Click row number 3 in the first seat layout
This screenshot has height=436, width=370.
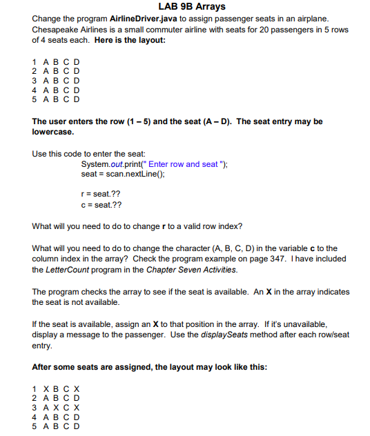(35, 80)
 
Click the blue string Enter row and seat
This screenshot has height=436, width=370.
(183, 164)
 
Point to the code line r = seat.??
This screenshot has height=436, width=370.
(101, 195)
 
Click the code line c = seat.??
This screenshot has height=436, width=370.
(101, 206)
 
